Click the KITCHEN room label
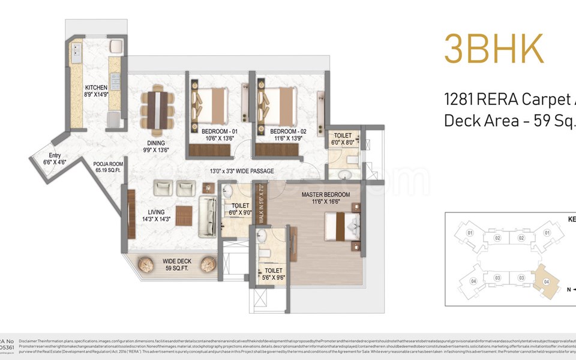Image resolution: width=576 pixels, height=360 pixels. [x=96, y=87]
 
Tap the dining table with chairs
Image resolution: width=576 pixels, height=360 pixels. [x=157, y=111]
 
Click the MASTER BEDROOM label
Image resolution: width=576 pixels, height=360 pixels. [x=325, y=195]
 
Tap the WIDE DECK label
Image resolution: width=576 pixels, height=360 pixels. [x=176, y=261]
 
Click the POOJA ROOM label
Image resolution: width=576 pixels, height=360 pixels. [x=108, y=163]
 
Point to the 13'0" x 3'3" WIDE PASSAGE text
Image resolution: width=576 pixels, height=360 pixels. [x=242, y=171]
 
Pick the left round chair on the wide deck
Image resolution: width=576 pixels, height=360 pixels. [x=146, y=263]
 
